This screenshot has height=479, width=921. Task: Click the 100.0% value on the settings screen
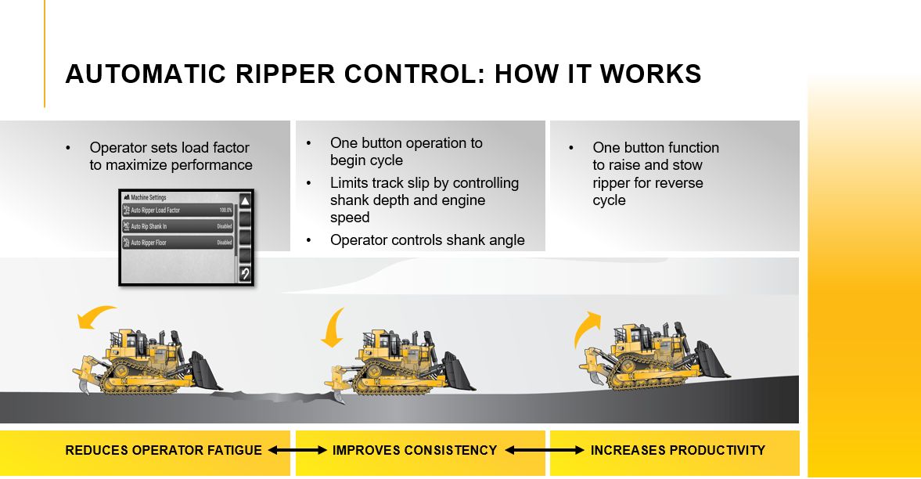pyautogui.click(x=225, y=211)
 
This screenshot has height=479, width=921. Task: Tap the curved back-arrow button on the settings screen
pyautogui.click(x=244, y=273)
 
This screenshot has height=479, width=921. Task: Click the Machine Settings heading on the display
pyautogui.click(x=149, y=197)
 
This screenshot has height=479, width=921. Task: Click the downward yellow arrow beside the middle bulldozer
pyautogui.click(x=333, y=327)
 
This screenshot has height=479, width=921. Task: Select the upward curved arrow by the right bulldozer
pyautogui.click(x=587, y=326)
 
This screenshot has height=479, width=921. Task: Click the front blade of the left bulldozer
pyautogui.click(x=206, y=371)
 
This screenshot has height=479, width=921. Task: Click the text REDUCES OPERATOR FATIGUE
pyautogui.click(x=164, y=450)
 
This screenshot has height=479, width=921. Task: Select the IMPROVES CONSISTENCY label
pyautogui.click(x=415, y=450)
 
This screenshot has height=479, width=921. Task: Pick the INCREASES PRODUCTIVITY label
pyautogui.click(x=678, y=450)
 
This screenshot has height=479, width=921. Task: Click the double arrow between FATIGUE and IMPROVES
pyautogui.click(x=297, y=450)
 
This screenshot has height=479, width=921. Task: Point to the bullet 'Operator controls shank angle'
pyautogui.click(x=427, y=239)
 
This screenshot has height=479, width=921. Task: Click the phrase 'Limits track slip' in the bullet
pyautogui.click(x=381, y=183)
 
